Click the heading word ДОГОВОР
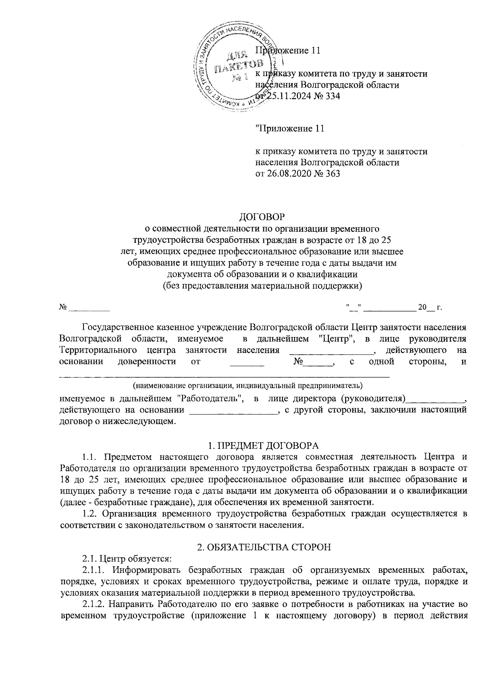pos(261,215)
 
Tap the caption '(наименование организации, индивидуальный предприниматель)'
pos(247,385)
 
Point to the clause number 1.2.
pos(89,514)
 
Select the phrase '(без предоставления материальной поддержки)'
pos(262,285)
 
